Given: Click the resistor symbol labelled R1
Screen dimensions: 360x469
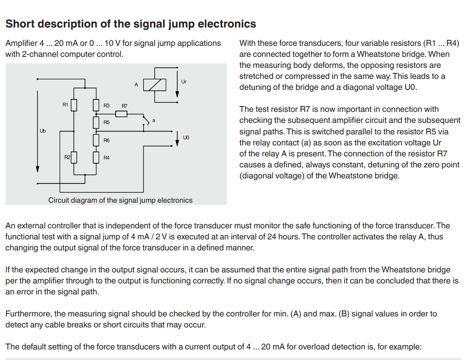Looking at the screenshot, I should tap(73, 105).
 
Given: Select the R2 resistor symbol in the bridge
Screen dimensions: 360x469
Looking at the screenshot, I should tap(73, 158).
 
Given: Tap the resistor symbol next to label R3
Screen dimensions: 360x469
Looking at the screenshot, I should tap(96, 105).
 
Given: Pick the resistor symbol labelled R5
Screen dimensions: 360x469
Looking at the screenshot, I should tap(96, 122).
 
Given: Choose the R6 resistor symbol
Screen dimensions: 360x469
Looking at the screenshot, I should tap(96, 139).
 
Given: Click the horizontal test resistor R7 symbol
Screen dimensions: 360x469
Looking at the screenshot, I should tap(121, 113).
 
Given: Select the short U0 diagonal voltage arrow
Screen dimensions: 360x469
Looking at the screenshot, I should tap(178, 138).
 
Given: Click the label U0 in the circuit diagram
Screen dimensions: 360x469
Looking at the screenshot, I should tap(186, 138).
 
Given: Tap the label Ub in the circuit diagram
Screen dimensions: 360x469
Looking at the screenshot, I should tap(43, 131).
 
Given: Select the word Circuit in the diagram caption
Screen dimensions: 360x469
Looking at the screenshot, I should tap(60, 200).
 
